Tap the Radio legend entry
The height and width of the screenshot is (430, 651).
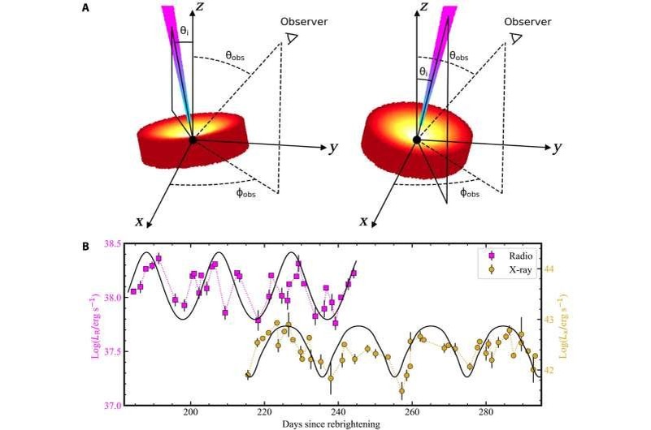(x=504, y=256)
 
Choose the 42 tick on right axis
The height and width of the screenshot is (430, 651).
(x=549, y=371)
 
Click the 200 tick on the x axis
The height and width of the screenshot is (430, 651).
(x=191, y=412)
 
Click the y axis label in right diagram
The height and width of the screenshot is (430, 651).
(x=557, y=148)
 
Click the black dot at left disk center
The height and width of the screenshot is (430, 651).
(x=193, y=140)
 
